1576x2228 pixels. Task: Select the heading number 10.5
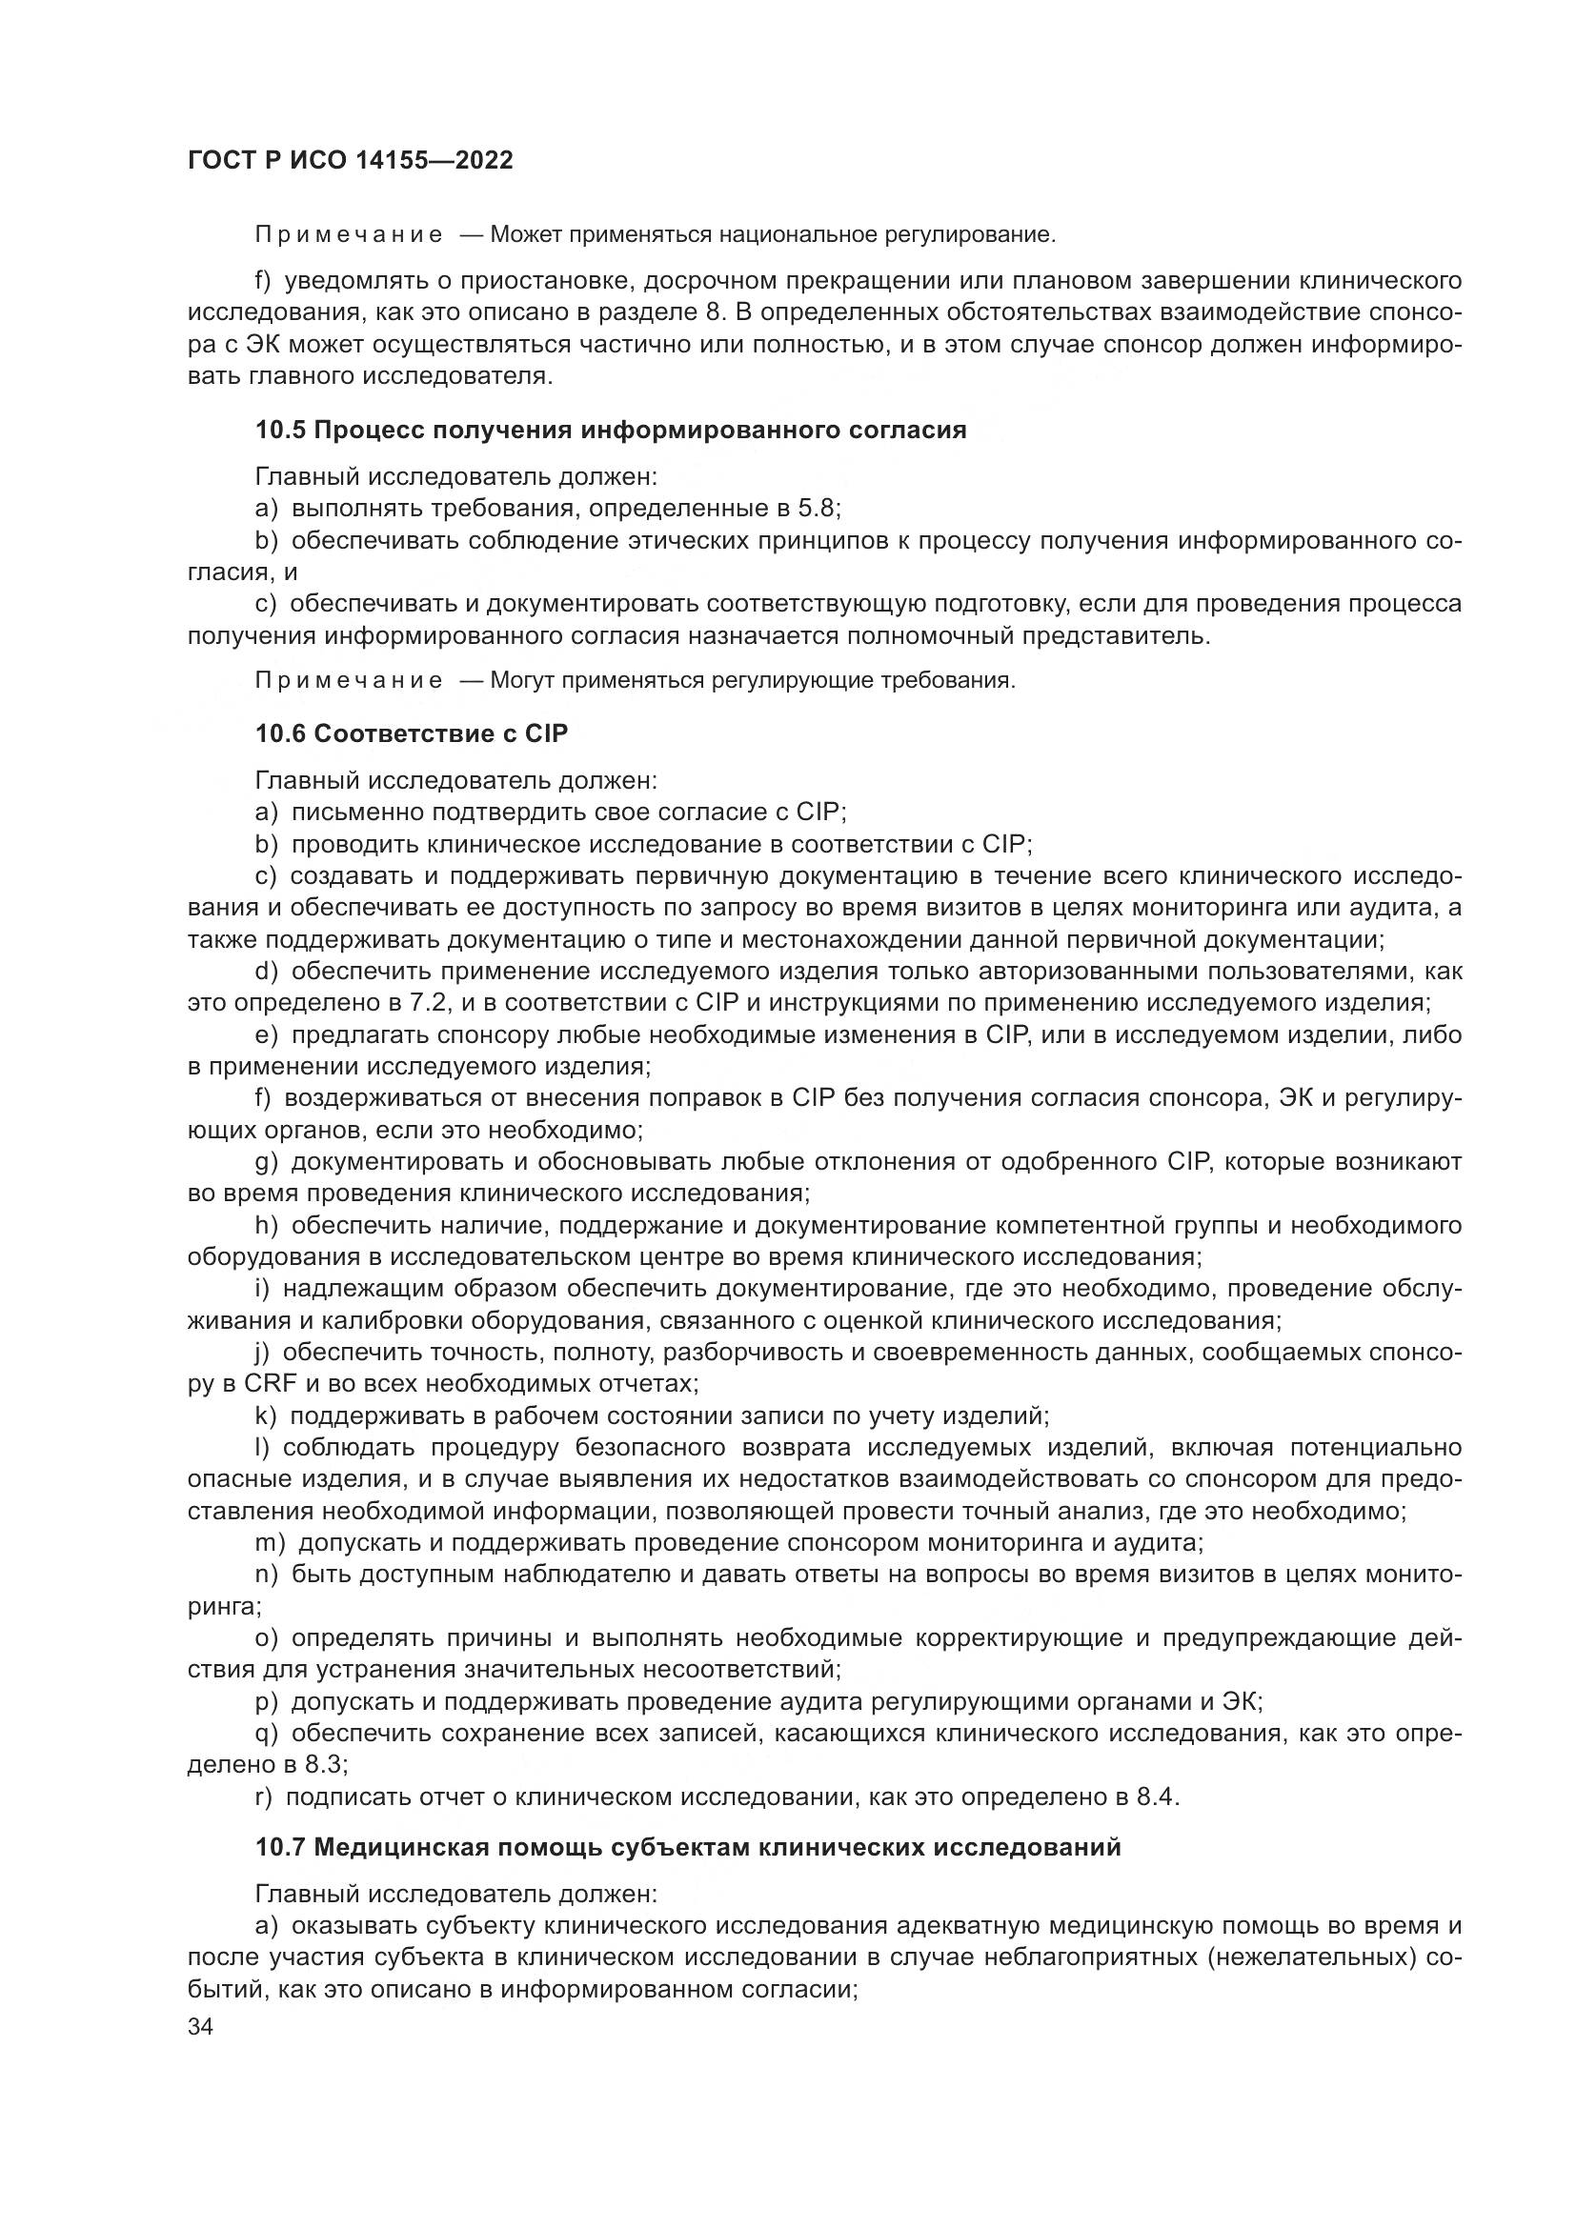280,430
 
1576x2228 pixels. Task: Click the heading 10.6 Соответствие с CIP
412,733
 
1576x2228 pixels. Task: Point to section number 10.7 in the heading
280,1848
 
